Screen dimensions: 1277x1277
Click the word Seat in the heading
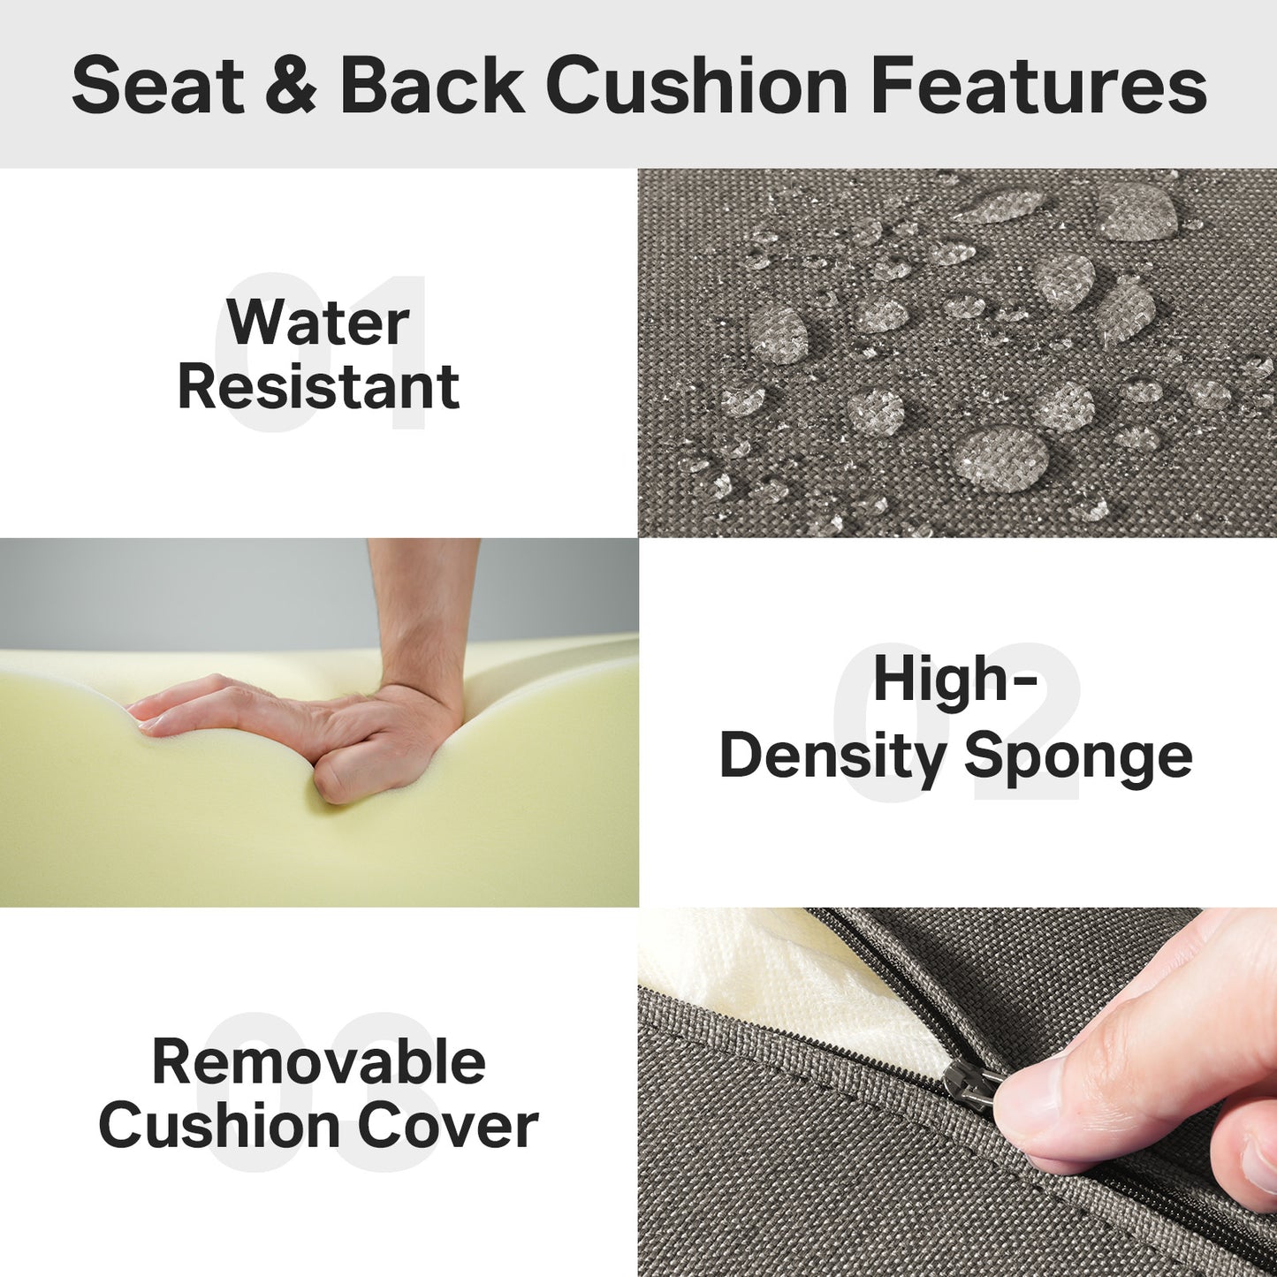(x=158, y=86)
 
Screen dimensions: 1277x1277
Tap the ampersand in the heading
(x=289, y=86)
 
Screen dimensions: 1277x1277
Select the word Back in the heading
(x=432, y=86)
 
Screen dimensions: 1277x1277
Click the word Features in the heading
(x=1038, y=86)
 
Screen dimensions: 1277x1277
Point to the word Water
(x=318, y=323)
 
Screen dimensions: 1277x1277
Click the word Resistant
(x=318, y=386)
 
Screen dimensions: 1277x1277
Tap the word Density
(x=832, y=757)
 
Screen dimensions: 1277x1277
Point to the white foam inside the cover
(x=795, y=990)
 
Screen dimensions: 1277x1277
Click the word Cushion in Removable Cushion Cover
(x=221, y=1126)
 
